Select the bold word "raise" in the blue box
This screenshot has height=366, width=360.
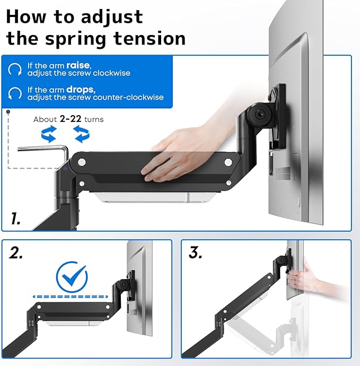(x=78, y=65)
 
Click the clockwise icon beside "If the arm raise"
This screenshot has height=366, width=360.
(x=15, y=69)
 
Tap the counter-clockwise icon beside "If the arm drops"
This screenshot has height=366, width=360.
(x=15, y=94)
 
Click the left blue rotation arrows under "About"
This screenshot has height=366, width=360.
(x=49, y=134)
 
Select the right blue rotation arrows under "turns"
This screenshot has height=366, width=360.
(x=81, y=134)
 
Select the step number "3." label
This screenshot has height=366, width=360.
(x=196, y=253)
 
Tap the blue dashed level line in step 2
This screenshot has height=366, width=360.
(x=73, y=297)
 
